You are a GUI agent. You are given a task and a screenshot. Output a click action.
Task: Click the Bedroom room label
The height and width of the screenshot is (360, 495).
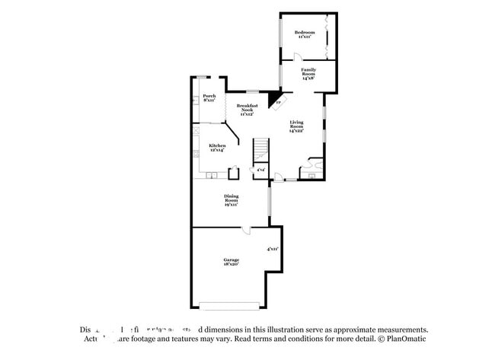pyautogui.click(x=305, y=33)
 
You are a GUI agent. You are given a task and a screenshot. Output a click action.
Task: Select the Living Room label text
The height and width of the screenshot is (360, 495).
pyautogui.click(x=296, y=126)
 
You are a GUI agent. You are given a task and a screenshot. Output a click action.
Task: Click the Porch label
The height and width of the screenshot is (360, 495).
pyautogui.click(x=209, y=97)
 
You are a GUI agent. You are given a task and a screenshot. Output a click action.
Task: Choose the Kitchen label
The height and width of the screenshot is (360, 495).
pyautogui.click(x=217, y=147)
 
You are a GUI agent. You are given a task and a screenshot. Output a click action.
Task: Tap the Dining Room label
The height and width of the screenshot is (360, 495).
pyautogui.click(x=232, y=201)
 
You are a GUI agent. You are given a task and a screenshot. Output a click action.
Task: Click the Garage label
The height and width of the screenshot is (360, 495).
pyautogui.click(x=232, y=262)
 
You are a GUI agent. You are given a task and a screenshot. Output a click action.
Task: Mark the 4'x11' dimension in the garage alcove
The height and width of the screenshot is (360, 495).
pyautogui.click(x=272, y=249)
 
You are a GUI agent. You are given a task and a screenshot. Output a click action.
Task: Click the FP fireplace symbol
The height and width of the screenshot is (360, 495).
pyautogui.click(x=278, y=103)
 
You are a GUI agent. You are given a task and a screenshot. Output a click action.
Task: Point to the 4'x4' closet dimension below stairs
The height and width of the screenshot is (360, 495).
pyautogui.click(x=260, y=170)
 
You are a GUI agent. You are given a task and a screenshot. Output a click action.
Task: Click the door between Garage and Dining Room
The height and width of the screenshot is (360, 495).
pyautogui.click(x=246, y=230)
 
